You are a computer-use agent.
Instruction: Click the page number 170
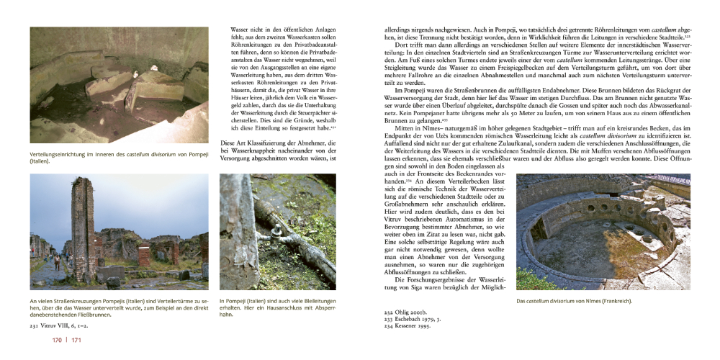37,340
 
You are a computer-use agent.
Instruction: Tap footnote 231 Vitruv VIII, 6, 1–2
61,325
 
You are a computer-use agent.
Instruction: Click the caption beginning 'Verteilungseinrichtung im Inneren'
115,158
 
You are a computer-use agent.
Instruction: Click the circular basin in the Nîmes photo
594,245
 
